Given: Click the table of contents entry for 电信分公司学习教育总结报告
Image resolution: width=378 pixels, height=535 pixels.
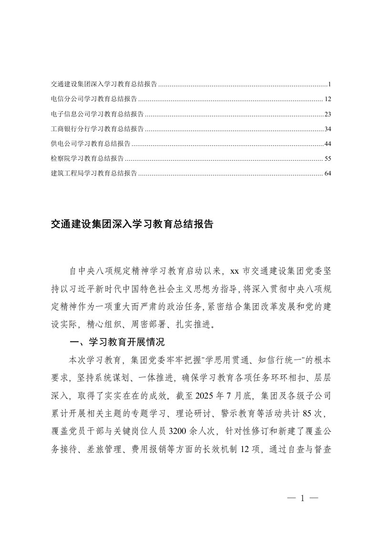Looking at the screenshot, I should (94, 99).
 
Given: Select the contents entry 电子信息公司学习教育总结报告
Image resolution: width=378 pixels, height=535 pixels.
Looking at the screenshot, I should (97, 114).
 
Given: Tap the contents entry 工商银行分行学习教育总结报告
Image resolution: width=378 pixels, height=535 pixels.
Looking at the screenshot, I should (97, 129).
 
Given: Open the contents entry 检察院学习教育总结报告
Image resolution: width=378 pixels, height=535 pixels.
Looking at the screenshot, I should (87, 158).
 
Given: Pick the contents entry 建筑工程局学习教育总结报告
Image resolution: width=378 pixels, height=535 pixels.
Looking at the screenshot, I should (94, 173).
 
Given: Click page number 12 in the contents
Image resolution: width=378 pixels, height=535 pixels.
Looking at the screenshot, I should (327, 99).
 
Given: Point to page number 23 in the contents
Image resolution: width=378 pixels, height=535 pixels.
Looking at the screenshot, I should (327, 114).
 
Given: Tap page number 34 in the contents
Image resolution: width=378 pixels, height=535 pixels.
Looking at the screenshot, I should (327, 129).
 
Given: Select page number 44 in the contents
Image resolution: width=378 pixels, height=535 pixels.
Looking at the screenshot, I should (327, 144).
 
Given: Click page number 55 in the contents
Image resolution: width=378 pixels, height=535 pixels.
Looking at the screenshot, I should (327, 158).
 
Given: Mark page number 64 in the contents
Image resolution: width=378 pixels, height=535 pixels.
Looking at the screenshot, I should (327, 173).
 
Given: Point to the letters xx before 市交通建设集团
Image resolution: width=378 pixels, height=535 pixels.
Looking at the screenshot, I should (234, 271).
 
